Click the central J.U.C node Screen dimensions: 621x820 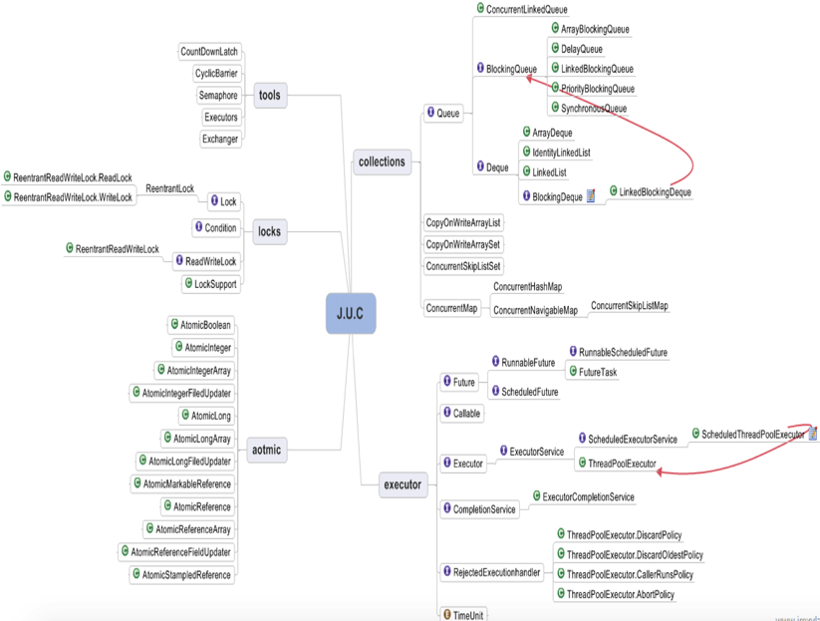(x=351, y=313)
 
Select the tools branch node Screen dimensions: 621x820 (x=269, y=96)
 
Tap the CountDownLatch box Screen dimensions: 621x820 (x=209, y=52)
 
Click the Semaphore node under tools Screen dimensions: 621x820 (x=218, y=96)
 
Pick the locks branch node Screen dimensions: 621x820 (x=269, y=232)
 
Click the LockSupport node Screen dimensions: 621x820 (x=211, y=284)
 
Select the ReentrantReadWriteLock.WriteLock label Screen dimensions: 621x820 (x=73, y=197)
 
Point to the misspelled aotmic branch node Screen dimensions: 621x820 (x=266, y=450)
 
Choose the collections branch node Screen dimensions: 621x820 (x=382, y=161)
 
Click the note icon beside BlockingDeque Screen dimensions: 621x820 (x=591, y=196)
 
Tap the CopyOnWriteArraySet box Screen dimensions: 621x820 (x=463, y=244)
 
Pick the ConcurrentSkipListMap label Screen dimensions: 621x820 (x=629, y=306)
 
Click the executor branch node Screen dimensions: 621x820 (x=403, y=485)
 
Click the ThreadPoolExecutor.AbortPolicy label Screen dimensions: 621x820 (x=620, y=594)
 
